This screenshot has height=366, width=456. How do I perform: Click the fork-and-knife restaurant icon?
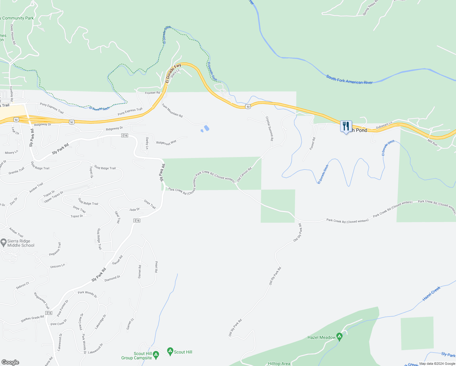(x=346, y=126)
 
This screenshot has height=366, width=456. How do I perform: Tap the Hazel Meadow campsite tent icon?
(x=339, y=337)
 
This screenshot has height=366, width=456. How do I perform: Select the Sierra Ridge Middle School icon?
(x=3, y=242)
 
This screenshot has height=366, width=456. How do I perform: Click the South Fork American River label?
(x=349, y=80)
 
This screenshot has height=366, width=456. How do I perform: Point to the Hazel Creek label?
(x=431, y=294)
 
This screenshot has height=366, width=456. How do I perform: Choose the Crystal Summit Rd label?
(x=269, y=128)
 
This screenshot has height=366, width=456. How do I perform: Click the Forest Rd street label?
(x=312, y=144)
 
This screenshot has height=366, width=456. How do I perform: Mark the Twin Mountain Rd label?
(x=172, y=110)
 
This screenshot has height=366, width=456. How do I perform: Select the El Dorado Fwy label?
(x=173, y=73)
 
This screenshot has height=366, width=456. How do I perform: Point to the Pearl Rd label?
(x=156, y=267)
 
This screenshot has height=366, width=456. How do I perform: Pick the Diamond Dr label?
(x=112, y=278)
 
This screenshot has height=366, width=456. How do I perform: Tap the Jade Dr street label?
(x=134, y=210)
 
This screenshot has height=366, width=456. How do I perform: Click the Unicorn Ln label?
(x=58, y=266)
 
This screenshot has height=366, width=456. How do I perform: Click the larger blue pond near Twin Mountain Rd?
(x=207, y=128)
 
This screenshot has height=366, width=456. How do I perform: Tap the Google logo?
(x=10, y=362)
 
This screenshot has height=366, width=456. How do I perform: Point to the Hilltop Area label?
(x=279, y=364)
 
